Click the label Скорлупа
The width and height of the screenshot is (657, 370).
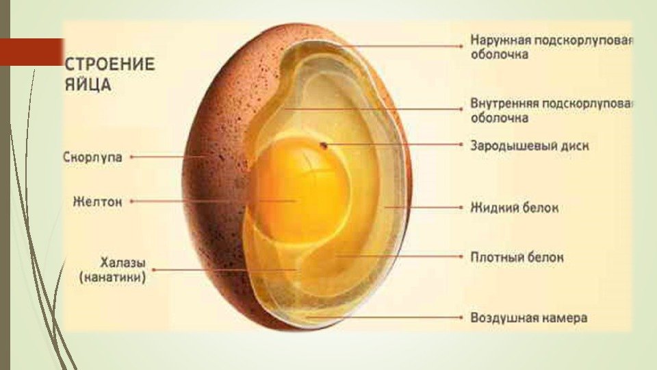pos(92,158)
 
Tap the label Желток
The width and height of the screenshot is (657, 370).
pos(97,202)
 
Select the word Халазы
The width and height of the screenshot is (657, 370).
pos(123,262)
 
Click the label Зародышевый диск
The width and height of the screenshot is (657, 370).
pos(529,146)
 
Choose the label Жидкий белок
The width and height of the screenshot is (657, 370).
pos(514,207)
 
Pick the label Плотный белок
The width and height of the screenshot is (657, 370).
pos(517,258)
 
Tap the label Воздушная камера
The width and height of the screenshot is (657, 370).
pos(528,318)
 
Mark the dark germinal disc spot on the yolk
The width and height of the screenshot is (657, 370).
pos(324,145)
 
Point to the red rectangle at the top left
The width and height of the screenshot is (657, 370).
pos(31,52)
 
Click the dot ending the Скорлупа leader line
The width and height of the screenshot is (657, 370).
pos(131,157)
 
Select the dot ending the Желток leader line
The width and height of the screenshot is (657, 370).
pos(131,201)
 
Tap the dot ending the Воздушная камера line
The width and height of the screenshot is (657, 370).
pos(463,318)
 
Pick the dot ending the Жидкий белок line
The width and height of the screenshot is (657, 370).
pos(463,206)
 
